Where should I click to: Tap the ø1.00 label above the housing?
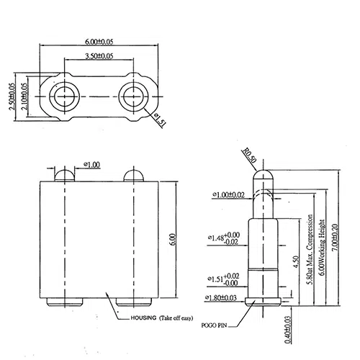91,165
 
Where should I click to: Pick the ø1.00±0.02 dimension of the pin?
229,195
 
